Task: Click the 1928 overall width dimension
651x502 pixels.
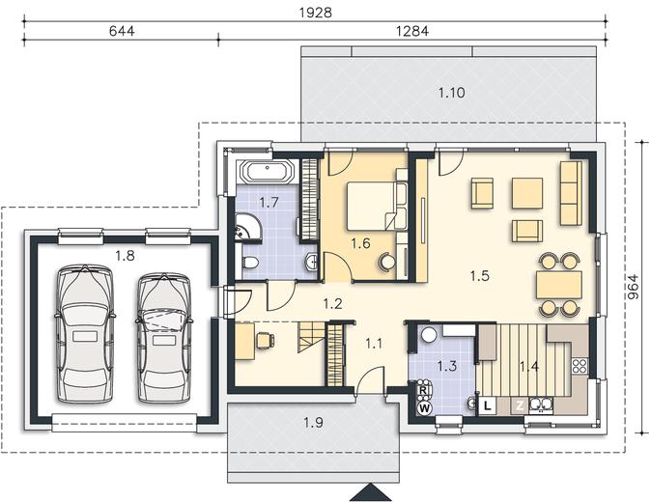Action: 316,13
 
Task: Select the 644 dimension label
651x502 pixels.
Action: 122,31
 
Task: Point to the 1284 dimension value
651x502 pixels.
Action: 412,31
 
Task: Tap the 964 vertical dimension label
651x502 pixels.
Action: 633,287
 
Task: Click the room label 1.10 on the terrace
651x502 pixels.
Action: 452,93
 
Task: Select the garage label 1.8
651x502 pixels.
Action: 125,256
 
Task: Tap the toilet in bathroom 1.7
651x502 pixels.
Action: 249,263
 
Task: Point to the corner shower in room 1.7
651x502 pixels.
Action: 248,228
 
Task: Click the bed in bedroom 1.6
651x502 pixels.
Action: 371,206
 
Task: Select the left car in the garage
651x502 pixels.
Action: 85,334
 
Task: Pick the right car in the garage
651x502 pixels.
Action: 164,337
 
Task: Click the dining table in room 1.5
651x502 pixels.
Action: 559,285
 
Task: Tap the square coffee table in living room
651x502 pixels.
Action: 527,193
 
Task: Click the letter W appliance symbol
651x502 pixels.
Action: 424,408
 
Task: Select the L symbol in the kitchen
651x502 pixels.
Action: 488,405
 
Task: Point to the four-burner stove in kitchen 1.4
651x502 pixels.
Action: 580,366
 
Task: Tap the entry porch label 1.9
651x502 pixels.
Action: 313,423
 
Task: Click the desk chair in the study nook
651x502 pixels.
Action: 265,340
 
